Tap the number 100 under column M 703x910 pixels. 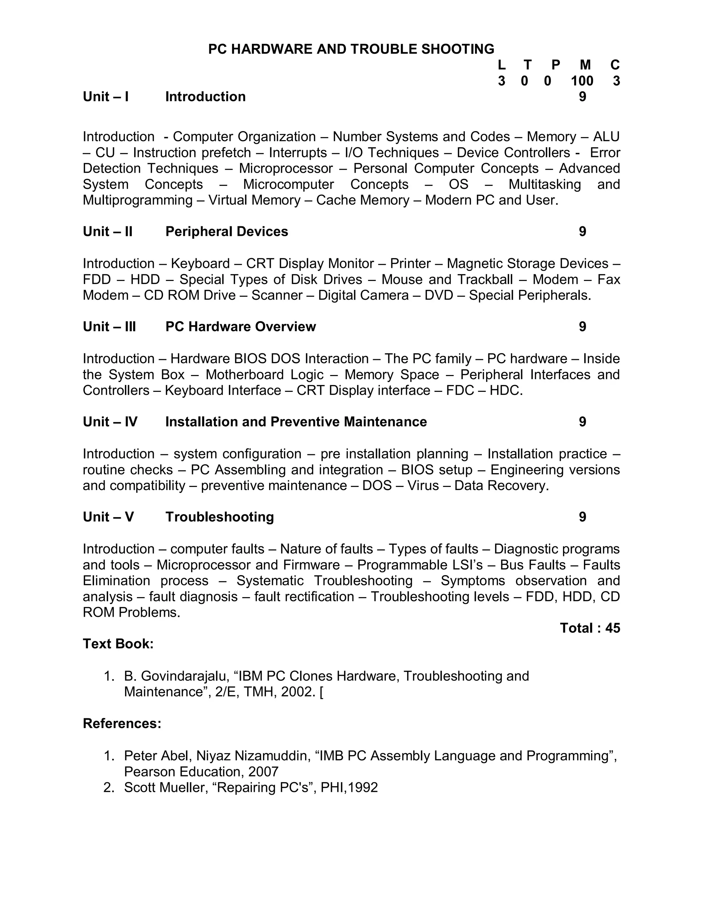pos(582,81)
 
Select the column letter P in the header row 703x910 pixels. pos(556,65)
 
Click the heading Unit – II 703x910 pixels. pos(107,232)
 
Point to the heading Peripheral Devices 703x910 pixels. pos(227,232)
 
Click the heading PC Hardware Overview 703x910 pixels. pos(240,327)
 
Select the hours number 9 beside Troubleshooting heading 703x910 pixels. pos(582,517)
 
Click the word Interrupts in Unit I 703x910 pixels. pos(297,153)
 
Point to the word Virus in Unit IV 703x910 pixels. pos(422,486)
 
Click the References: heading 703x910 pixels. pos(122,723)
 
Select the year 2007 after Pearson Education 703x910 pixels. pos(263,772)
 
